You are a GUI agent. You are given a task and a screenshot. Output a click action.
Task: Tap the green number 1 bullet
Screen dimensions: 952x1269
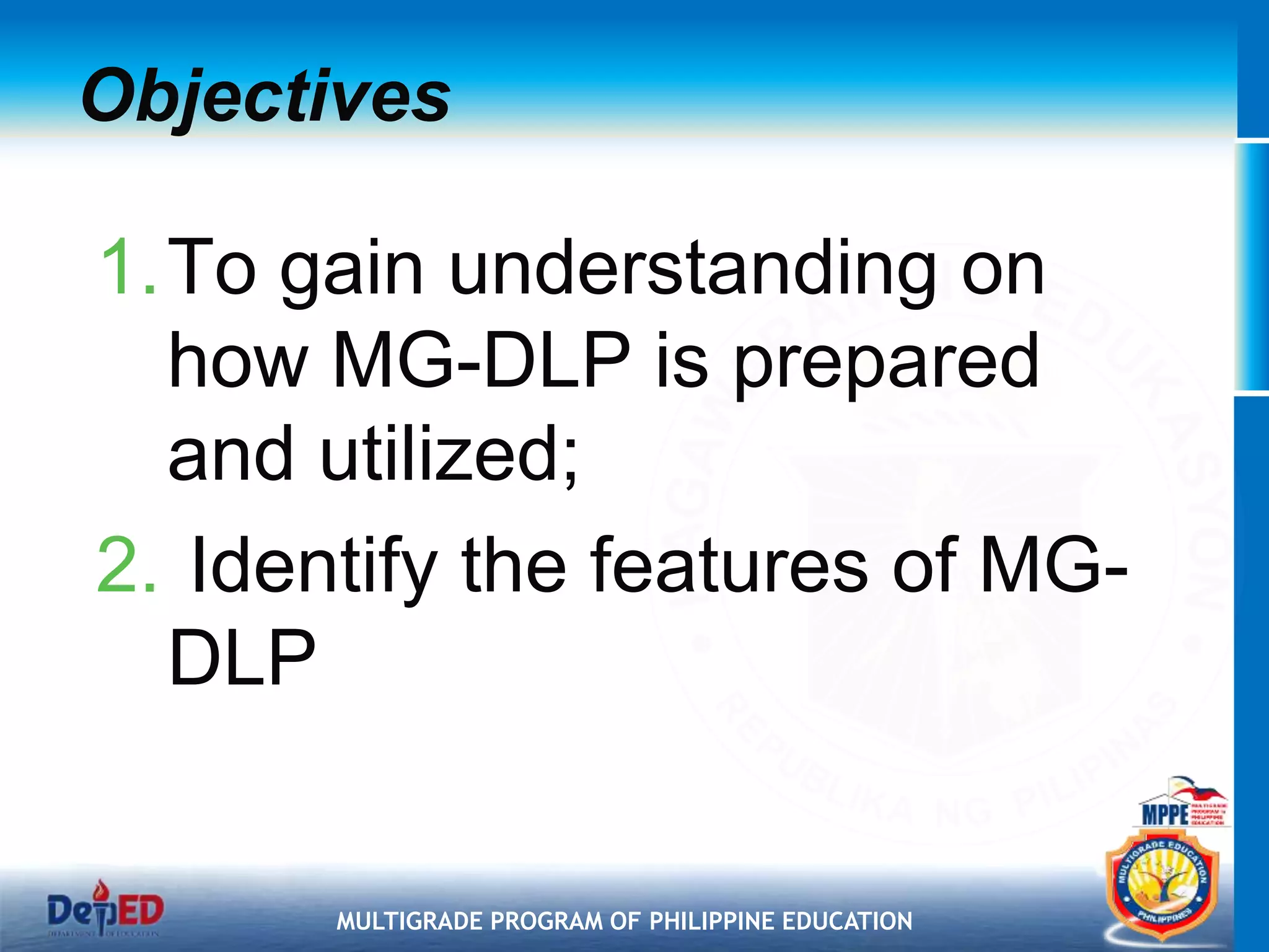tap(127, 268)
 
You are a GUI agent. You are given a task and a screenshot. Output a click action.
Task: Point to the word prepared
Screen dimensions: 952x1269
tap(886, 363)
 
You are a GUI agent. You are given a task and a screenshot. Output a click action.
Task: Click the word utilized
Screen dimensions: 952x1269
tap(440, 456)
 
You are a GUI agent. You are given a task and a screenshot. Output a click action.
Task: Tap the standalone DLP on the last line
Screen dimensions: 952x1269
tap(242, 658)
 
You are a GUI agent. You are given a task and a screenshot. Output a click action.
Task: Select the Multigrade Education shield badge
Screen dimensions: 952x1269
tap(1162, 886)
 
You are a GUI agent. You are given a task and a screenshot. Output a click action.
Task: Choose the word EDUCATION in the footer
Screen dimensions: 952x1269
tap(847, 922)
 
